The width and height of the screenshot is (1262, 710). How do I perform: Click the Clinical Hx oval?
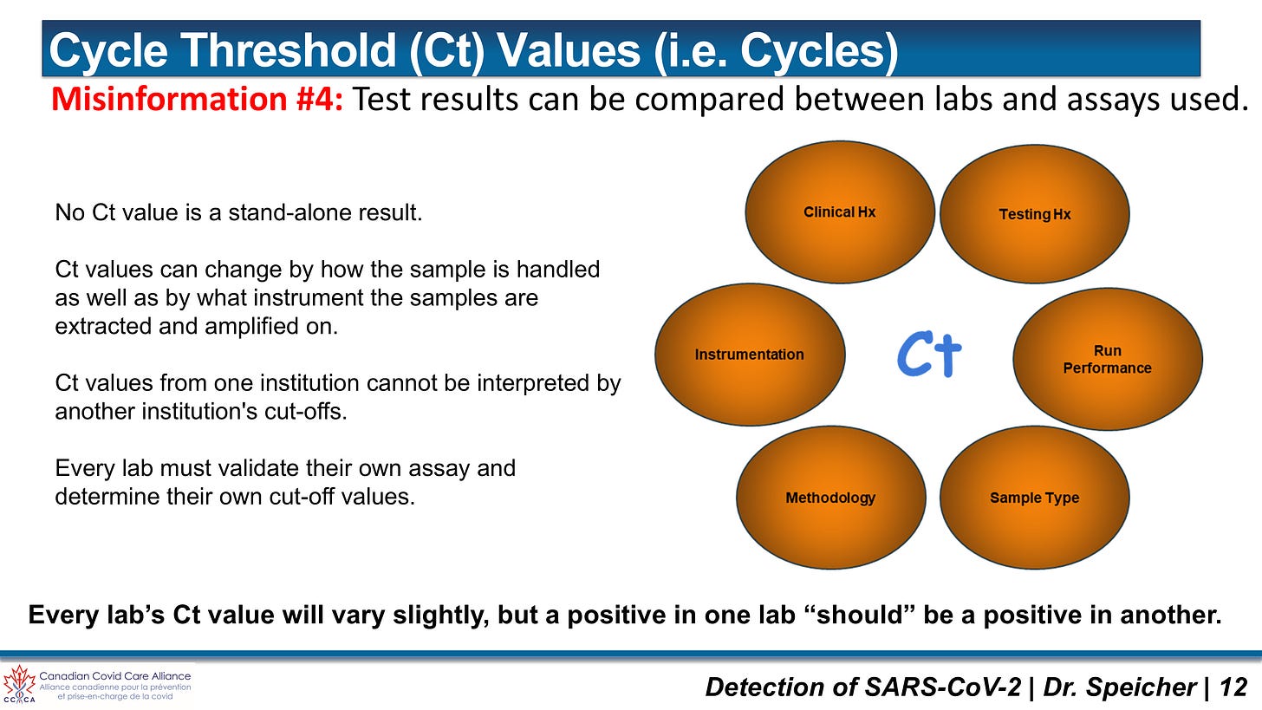point(839,212)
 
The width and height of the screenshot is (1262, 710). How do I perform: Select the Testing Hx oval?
point(1034,214)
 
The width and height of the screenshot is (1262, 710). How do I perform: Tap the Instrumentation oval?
point(749,355)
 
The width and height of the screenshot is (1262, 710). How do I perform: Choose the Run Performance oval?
point(1108,359)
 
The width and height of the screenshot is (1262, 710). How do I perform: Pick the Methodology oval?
point(830,498)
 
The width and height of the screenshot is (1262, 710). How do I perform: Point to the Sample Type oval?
point(1034,498)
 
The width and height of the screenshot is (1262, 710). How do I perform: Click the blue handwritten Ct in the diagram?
point(929,355)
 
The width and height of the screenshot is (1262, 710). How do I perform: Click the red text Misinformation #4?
point(198,99)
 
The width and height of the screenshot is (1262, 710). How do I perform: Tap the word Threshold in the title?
point(290,50)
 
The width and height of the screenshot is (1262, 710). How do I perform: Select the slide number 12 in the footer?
point(1233,687)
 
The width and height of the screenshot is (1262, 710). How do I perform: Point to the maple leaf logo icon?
point(20,683)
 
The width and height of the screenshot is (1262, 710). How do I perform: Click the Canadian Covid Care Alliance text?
point(115,676)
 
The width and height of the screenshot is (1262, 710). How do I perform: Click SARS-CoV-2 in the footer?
point(942,687)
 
